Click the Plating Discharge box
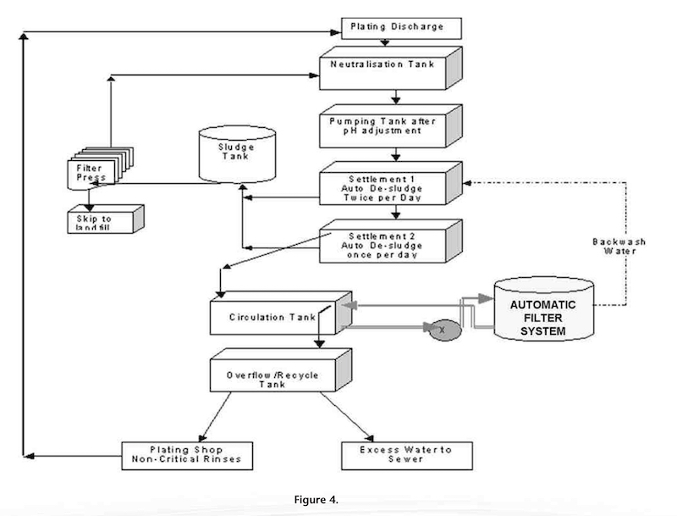click(401, 28)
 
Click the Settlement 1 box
click(386, 185)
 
